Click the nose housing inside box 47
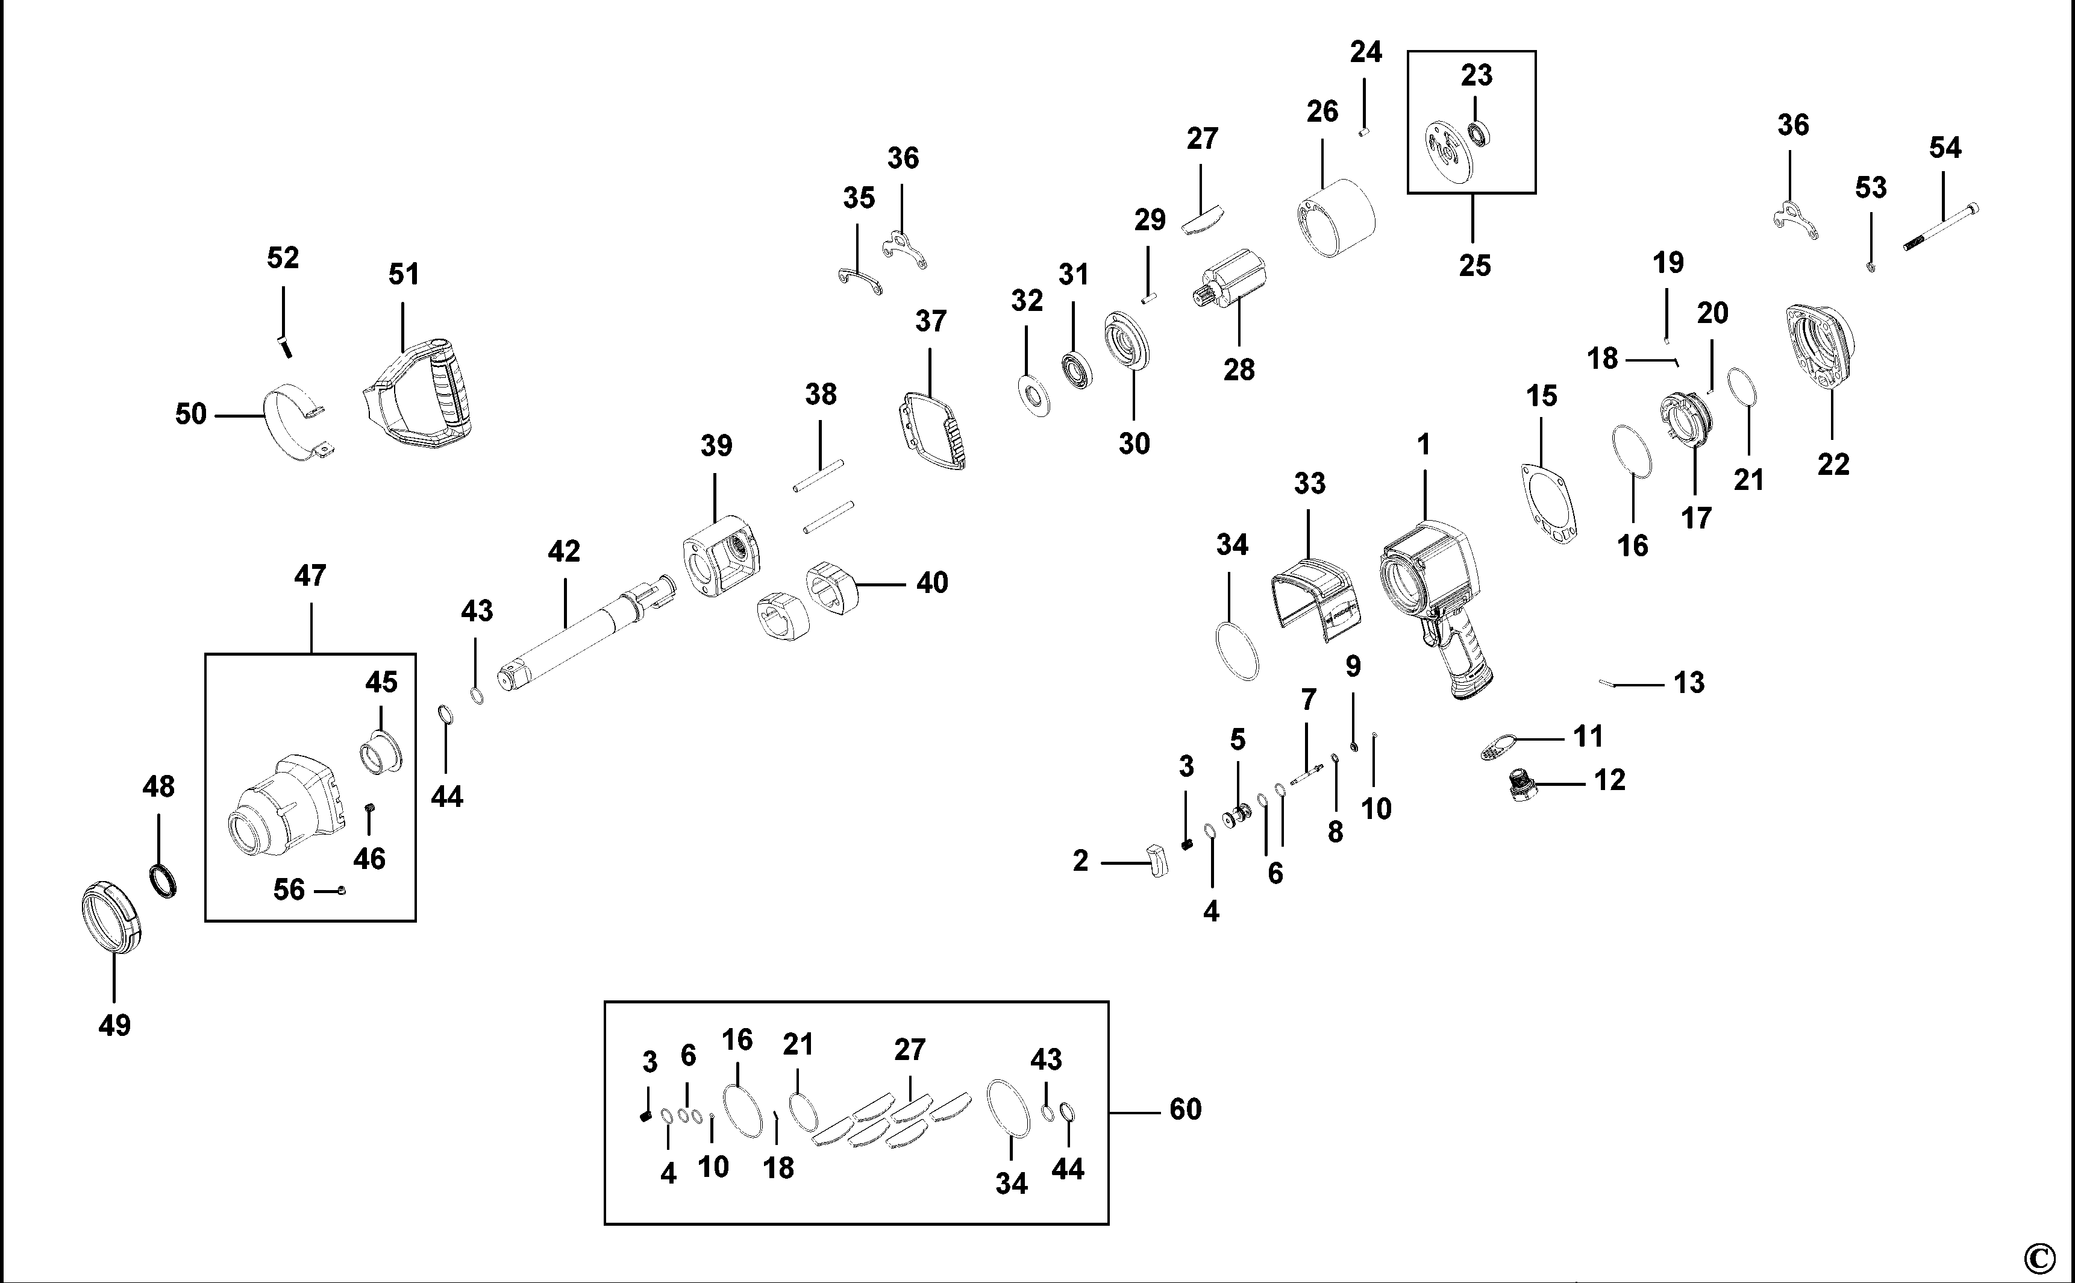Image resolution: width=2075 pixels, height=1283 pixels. click(x=284, y=806)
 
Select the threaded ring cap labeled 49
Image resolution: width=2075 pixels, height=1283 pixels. click(x=111, y=917)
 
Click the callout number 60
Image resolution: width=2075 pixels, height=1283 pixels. click(x=1185, y=1109)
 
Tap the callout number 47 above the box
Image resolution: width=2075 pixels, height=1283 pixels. click(x=310, y=576)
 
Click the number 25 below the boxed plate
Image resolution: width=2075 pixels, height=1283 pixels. click(x=1474, y=266)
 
